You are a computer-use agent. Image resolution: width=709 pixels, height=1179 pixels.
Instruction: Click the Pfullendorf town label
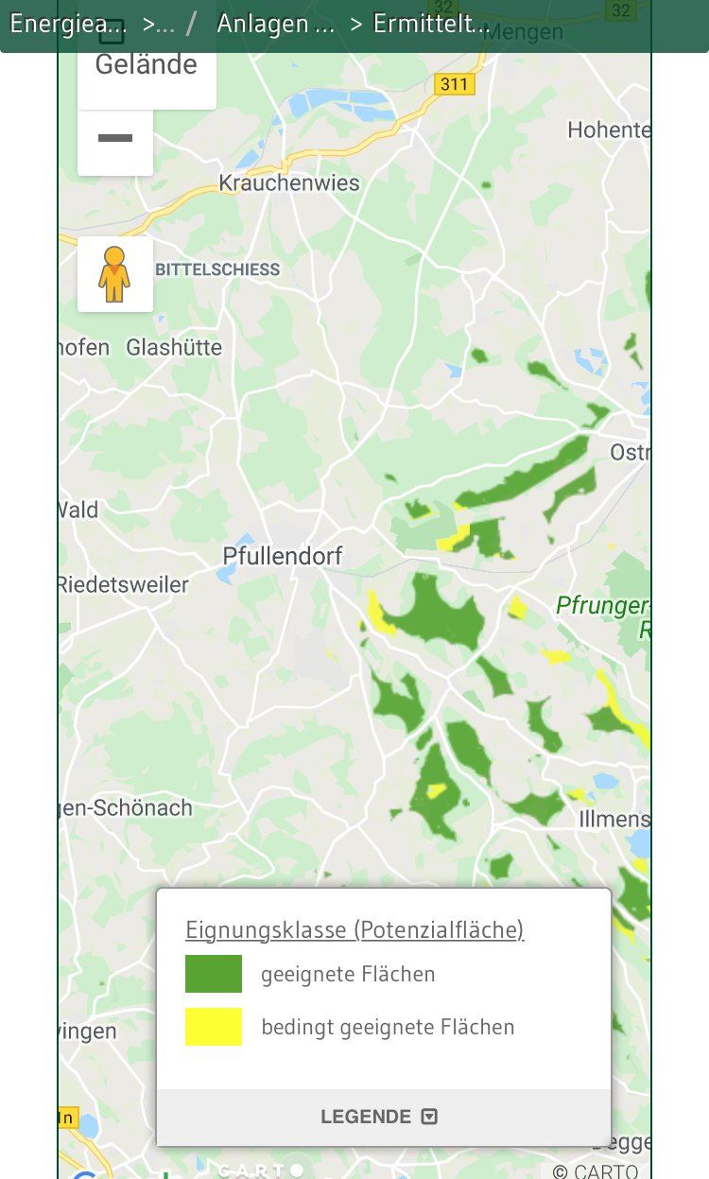(283, 556)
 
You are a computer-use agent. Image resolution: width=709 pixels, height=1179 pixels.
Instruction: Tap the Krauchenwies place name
(289, 182)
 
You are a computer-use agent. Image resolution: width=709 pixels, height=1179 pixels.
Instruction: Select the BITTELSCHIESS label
(217, 269)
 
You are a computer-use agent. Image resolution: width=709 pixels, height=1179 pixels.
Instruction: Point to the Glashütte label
(174, 348)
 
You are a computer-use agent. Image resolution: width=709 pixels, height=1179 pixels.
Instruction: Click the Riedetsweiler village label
(123, 584)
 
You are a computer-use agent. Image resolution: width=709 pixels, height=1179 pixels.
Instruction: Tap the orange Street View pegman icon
(114, 274)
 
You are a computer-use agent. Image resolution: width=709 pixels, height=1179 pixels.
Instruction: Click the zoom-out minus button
(115, 139)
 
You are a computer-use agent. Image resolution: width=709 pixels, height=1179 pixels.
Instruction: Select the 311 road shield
(454, 84)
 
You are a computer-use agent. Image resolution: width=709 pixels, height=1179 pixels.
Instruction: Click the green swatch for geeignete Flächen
(214, 974)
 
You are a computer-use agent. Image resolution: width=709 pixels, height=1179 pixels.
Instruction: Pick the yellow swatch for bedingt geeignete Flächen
(214, 1027)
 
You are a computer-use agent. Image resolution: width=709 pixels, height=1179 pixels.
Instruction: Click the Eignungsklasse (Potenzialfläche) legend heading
(354, 929)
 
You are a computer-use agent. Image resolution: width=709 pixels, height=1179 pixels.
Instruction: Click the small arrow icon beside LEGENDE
(429, 1117)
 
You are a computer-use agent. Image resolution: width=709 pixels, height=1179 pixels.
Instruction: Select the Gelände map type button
(147, 65)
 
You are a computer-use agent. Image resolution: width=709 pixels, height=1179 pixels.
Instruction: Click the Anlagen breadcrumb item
(276, 25)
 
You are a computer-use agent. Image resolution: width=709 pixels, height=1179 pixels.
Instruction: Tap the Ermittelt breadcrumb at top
(430, 25)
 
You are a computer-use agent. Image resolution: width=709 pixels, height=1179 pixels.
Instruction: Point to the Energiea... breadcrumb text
(68, 25)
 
